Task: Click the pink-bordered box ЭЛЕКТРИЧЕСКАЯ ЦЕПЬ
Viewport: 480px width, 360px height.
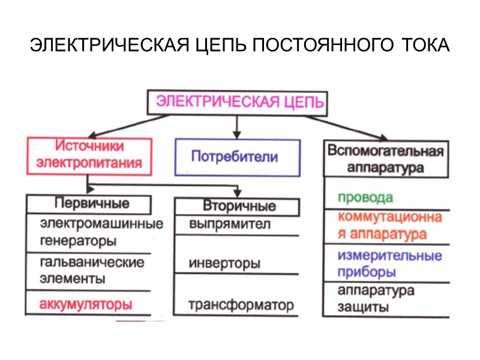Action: coord(238,102)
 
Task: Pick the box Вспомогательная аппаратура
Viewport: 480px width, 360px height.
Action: coord(386,158)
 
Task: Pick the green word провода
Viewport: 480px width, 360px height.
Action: coord(365,197)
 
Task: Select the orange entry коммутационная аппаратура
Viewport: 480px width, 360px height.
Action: coord(390,226)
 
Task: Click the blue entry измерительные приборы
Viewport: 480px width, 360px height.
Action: coord(389,264)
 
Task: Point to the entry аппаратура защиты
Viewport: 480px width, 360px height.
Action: coord(376,299)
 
